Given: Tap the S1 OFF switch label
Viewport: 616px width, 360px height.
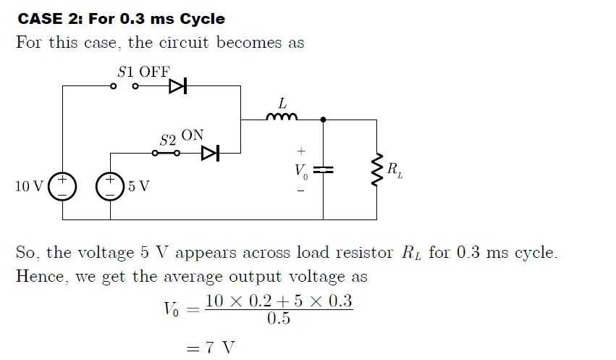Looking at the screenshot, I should pos(143,71).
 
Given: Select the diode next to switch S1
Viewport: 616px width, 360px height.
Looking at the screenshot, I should pos(177,86).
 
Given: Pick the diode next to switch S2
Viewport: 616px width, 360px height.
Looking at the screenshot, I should pos(210,153).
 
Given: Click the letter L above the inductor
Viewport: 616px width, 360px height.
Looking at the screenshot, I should pos(282,104).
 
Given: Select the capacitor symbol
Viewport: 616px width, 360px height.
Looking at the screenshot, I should pos(323,169).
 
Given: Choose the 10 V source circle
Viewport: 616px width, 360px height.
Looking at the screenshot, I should pos(62,186).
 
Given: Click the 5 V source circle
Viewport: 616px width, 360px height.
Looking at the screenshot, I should pos(111,186).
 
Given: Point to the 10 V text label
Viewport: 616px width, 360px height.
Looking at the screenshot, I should pos(29,186).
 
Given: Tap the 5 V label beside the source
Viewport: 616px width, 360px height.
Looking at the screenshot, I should pos(139,186).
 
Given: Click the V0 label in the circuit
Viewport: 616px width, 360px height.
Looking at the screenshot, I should pos(300,172).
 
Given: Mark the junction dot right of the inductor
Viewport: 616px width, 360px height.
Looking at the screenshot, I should pos(323,119).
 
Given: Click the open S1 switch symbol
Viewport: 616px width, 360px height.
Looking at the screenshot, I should pos(124,86).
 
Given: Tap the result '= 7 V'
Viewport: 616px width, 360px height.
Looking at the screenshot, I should pos(211,348).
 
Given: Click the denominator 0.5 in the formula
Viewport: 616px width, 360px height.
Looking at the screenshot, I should pos(279,319).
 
